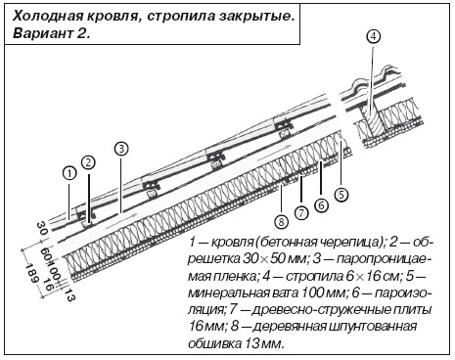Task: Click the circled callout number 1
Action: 69,174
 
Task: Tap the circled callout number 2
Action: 89,163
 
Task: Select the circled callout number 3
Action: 121,149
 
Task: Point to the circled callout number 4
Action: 374,36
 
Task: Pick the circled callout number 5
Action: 341,195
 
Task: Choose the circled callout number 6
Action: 321,205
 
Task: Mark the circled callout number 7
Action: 301,213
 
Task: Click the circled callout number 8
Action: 281,222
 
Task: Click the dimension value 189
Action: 32,273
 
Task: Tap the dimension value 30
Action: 42,228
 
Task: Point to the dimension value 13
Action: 68,294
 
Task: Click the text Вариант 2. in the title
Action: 51,33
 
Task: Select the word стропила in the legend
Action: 312,276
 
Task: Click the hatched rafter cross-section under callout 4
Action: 372,123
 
